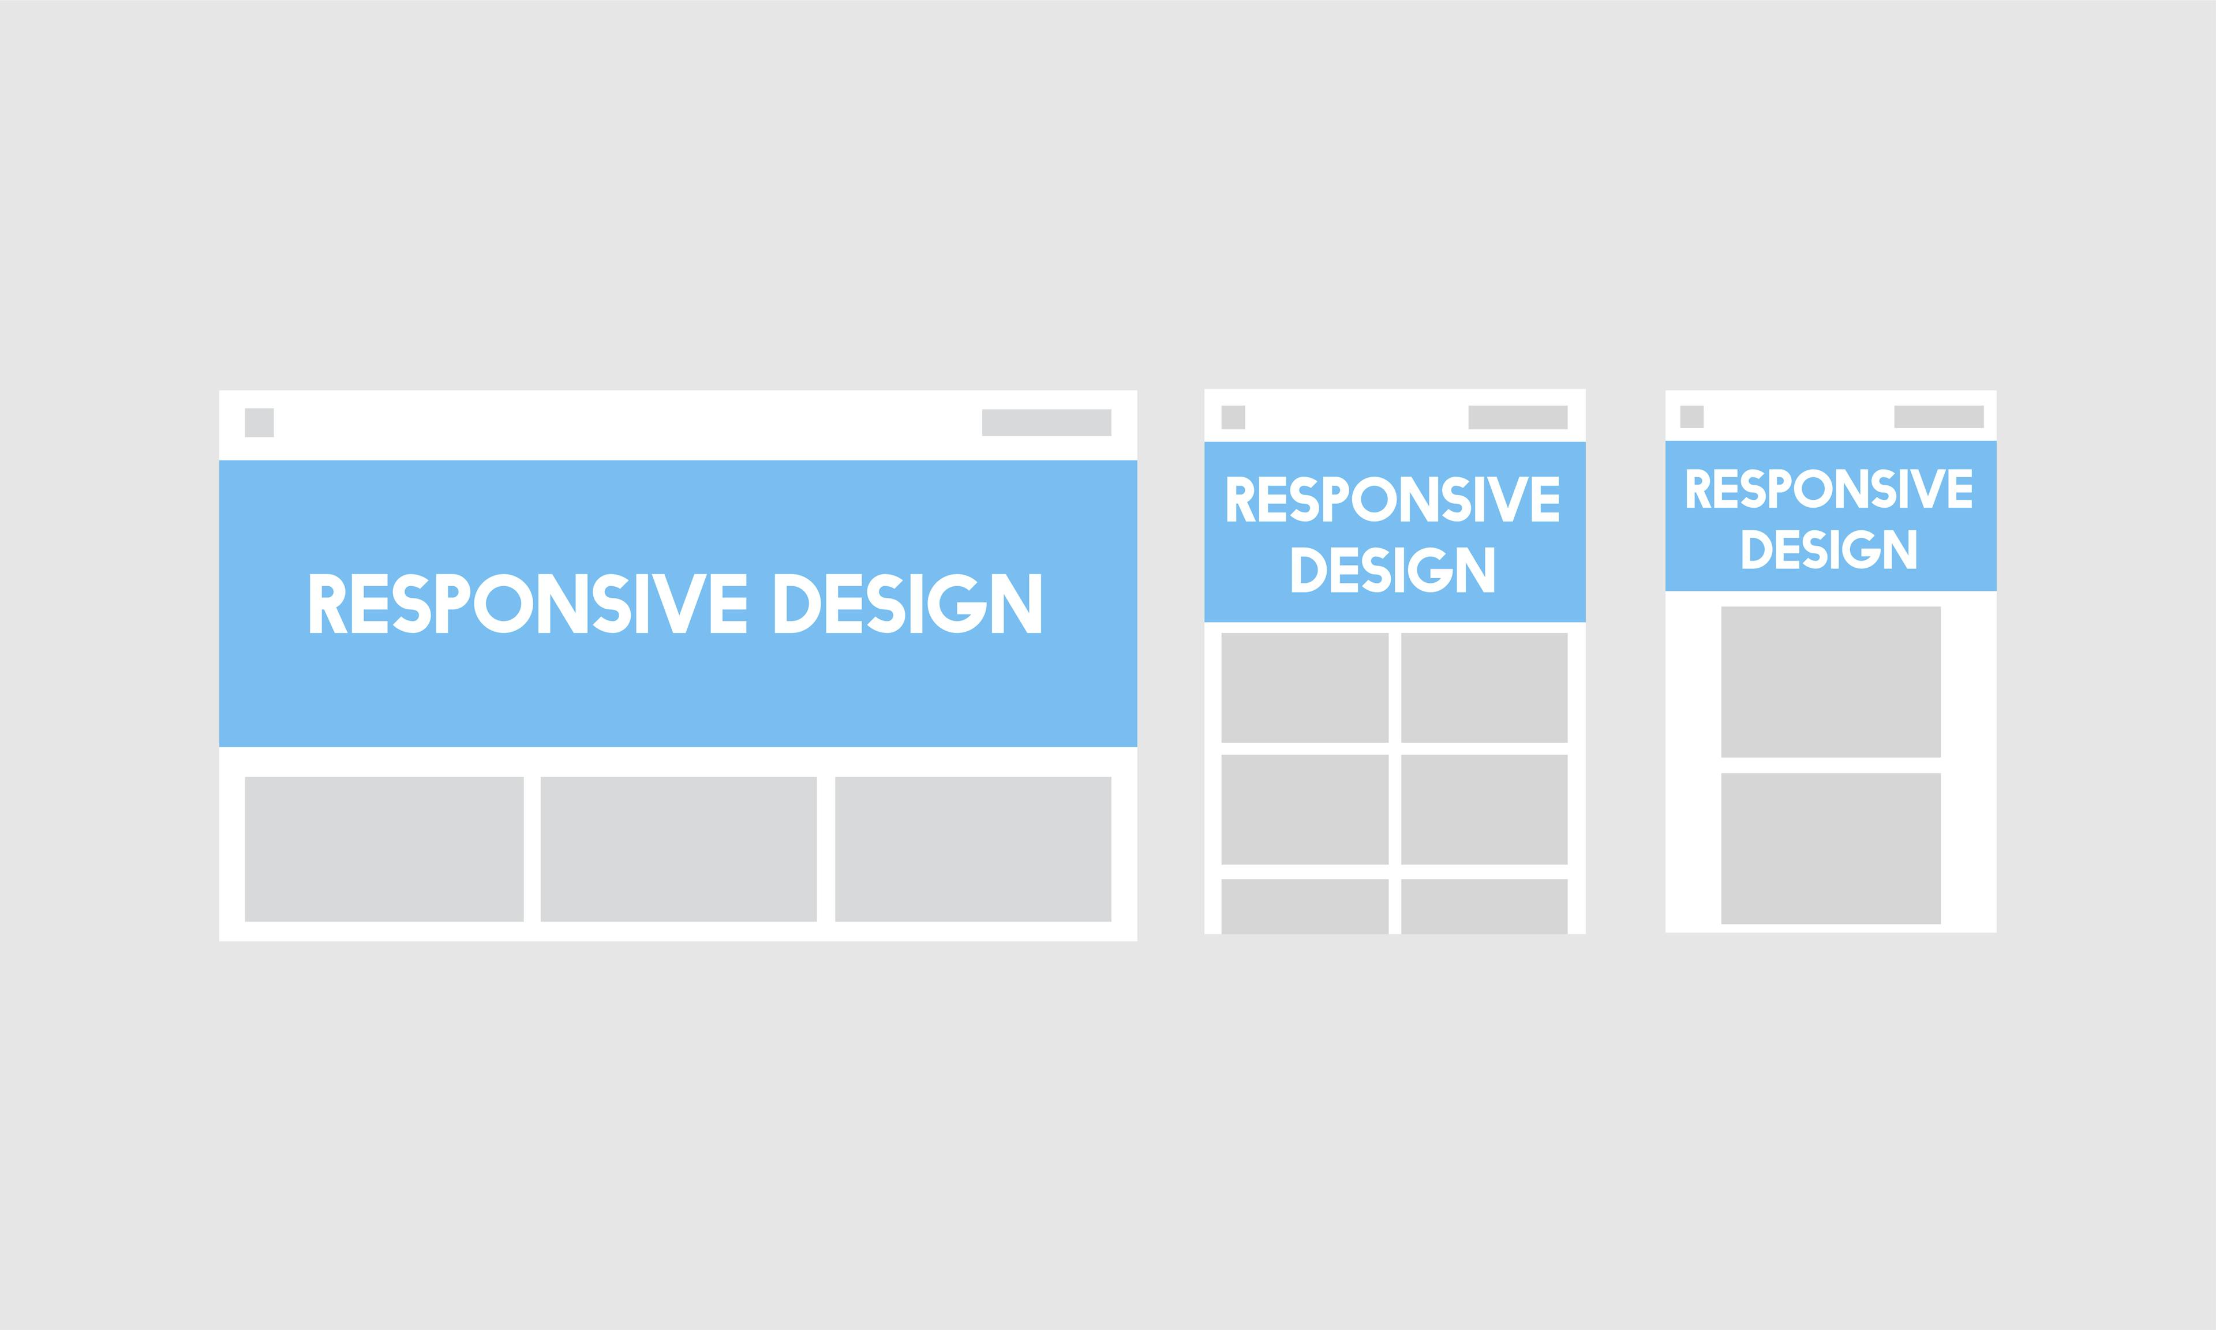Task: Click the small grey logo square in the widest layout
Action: click(x=259, y=422)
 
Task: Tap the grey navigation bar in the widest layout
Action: click(x=1047, y=422)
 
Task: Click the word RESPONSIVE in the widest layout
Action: click(x=529, y=603)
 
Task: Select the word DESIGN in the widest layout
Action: click(x=908, y=603)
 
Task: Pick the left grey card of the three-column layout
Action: click(x=384, y=849)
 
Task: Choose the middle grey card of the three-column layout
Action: click(x=678, y=849)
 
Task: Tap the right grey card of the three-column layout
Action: click(x=973, y=849)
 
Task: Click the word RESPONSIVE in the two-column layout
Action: click(x=1394, y=499)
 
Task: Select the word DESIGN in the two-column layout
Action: click(x=1394, y=569)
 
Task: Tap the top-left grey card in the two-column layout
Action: click(x=1305, y=687)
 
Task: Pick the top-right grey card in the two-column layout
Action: click(x=1484, y=687)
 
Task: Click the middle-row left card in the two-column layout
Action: click(x=1305, y=810)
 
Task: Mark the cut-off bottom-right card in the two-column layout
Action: click(x=1484, y=906)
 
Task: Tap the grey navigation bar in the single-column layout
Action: click(x=1939, y=417)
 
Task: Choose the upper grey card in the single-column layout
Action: click(x=1831, y=682)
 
